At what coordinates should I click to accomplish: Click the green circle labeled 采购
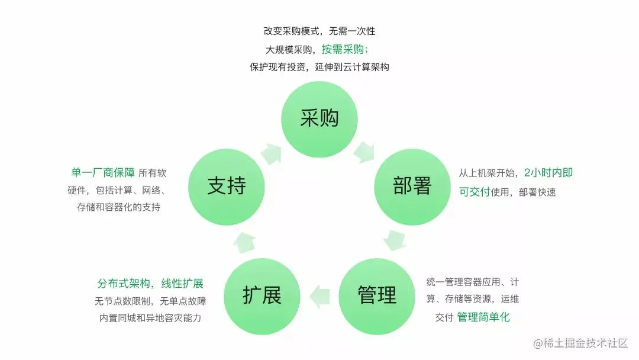[x=319, y=119]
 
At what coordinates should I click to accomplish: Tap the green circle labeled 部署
[x=412, y=187]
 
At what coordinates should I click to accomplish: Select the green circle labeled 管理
[x=377, y=295]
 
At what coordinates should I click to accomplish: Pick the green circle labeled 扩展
[x=262, y=295]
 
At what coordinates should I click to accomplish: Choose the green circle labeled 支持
[x=227, y=187]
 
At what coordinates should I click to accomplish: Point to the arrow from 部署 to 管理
[x=395, y=240]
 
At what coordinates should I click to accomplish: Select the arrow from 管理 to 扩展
[x=319, y=295]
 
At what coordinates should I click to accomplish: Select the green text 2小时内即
[x=548, y=173]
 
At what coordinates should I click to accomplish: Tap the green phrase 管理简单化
[x=483, y=317]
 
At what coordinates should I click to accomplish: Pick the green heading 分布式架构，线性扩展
[x=150, y=284]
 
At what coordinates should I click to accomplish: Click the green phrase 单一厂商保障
[x=102, y=173]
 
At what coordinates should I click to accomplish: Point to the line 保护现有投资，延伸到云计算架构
[x=319, y=67]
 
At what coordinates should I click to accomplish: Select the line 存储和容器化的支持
[x=118, y=207]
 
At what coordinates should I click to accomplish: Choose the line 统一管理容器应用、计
[x=472, y=282]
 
